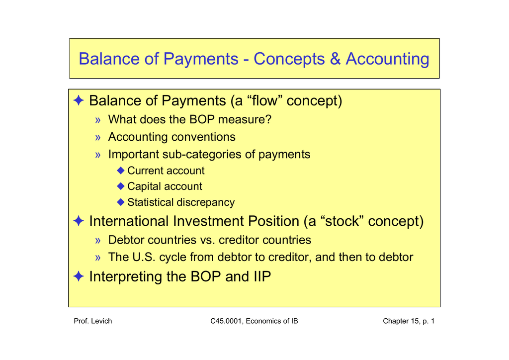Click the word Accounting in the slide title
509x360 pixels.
coord(387,59)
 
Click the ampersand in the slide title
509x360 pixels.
coord(335,59)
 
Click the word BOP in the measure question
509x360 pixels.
coord(201,120)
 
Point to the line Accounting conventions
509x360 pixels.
coord(171,137)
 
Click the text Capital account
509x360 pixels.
coord(165,186)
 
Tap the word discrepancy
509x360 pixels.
coord(207,202)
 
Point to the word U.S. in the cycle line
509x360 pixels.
coord(144,258)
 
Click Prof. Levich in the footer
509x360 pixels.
coord(92,321)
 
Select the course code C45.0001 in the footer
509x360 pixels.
coord(226,321)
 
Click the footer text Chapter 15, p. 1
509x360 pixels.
coord(408,321)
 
